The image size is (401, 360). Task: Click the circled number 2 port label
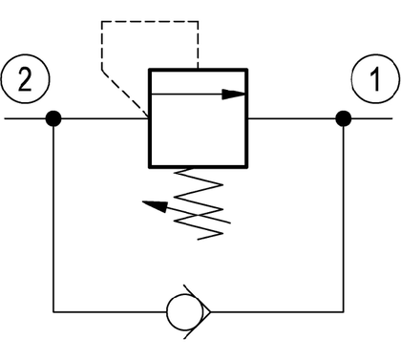26,79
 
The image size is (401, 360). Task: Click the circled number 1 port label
375,78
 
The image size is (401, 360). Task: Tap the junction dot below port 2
53,118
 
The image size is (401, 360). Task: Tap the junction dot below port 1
344,118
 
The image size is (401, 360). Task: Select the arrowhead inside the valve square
233,94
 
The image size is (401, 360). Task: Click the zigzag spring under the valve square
199,203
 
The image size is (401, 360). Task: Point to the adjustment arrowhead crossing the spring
155,206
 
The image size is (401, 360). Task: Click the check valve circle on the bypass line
185,312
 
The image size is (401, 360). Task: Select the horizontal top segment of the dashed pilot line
150,22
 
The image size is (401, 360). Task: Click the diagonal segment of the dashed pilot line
125,93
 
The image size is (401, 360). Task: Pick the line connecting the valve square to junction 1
292,118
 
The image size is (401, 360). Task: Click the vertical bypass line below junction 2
53,219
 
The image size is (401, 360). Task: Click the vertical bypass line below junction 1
344,219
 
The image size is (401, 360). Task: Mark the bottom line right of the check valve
277,312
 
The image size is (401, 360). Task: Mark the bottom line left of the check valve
110,312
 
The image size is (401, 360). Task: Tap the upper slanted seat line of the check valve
197,298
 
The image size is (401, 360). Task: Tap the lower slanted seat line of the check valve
197,326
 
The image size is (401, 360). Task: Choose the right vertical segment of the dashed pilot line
198,45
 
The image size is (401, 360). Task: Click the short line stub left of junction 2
25,118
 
